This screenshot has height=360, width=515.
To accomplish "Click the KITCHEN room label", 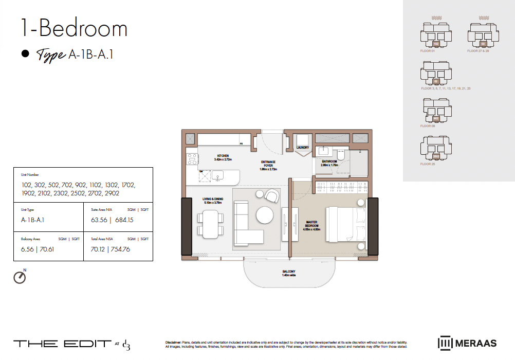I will click(x=223, y=156).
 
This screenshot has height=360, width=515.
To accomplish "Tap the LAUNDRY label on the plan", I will click(x=302, y=148).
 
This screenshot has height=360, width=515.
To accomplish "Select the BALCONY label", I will click(x=288, y=272).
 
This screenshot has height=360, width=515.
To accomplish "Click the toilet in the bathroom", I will click(x=340, y=156).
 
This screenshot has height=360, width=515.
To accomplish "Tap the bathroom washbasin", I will click(x=324, y=151).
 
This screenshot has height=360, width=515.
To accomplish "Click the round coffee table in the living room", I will click(x=265, y=214).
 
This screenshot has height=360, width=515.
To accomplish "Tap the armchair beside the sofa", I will click(x=271, y=196).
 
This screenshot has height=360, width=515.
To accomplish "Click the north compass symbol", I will click(x=20, y=277).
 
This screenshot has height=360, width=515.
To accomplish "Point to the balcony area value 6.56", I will click(x=27, y=249).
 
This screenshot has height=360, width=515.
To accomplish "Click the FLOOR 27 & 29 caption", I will click(x=478, y=51).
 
